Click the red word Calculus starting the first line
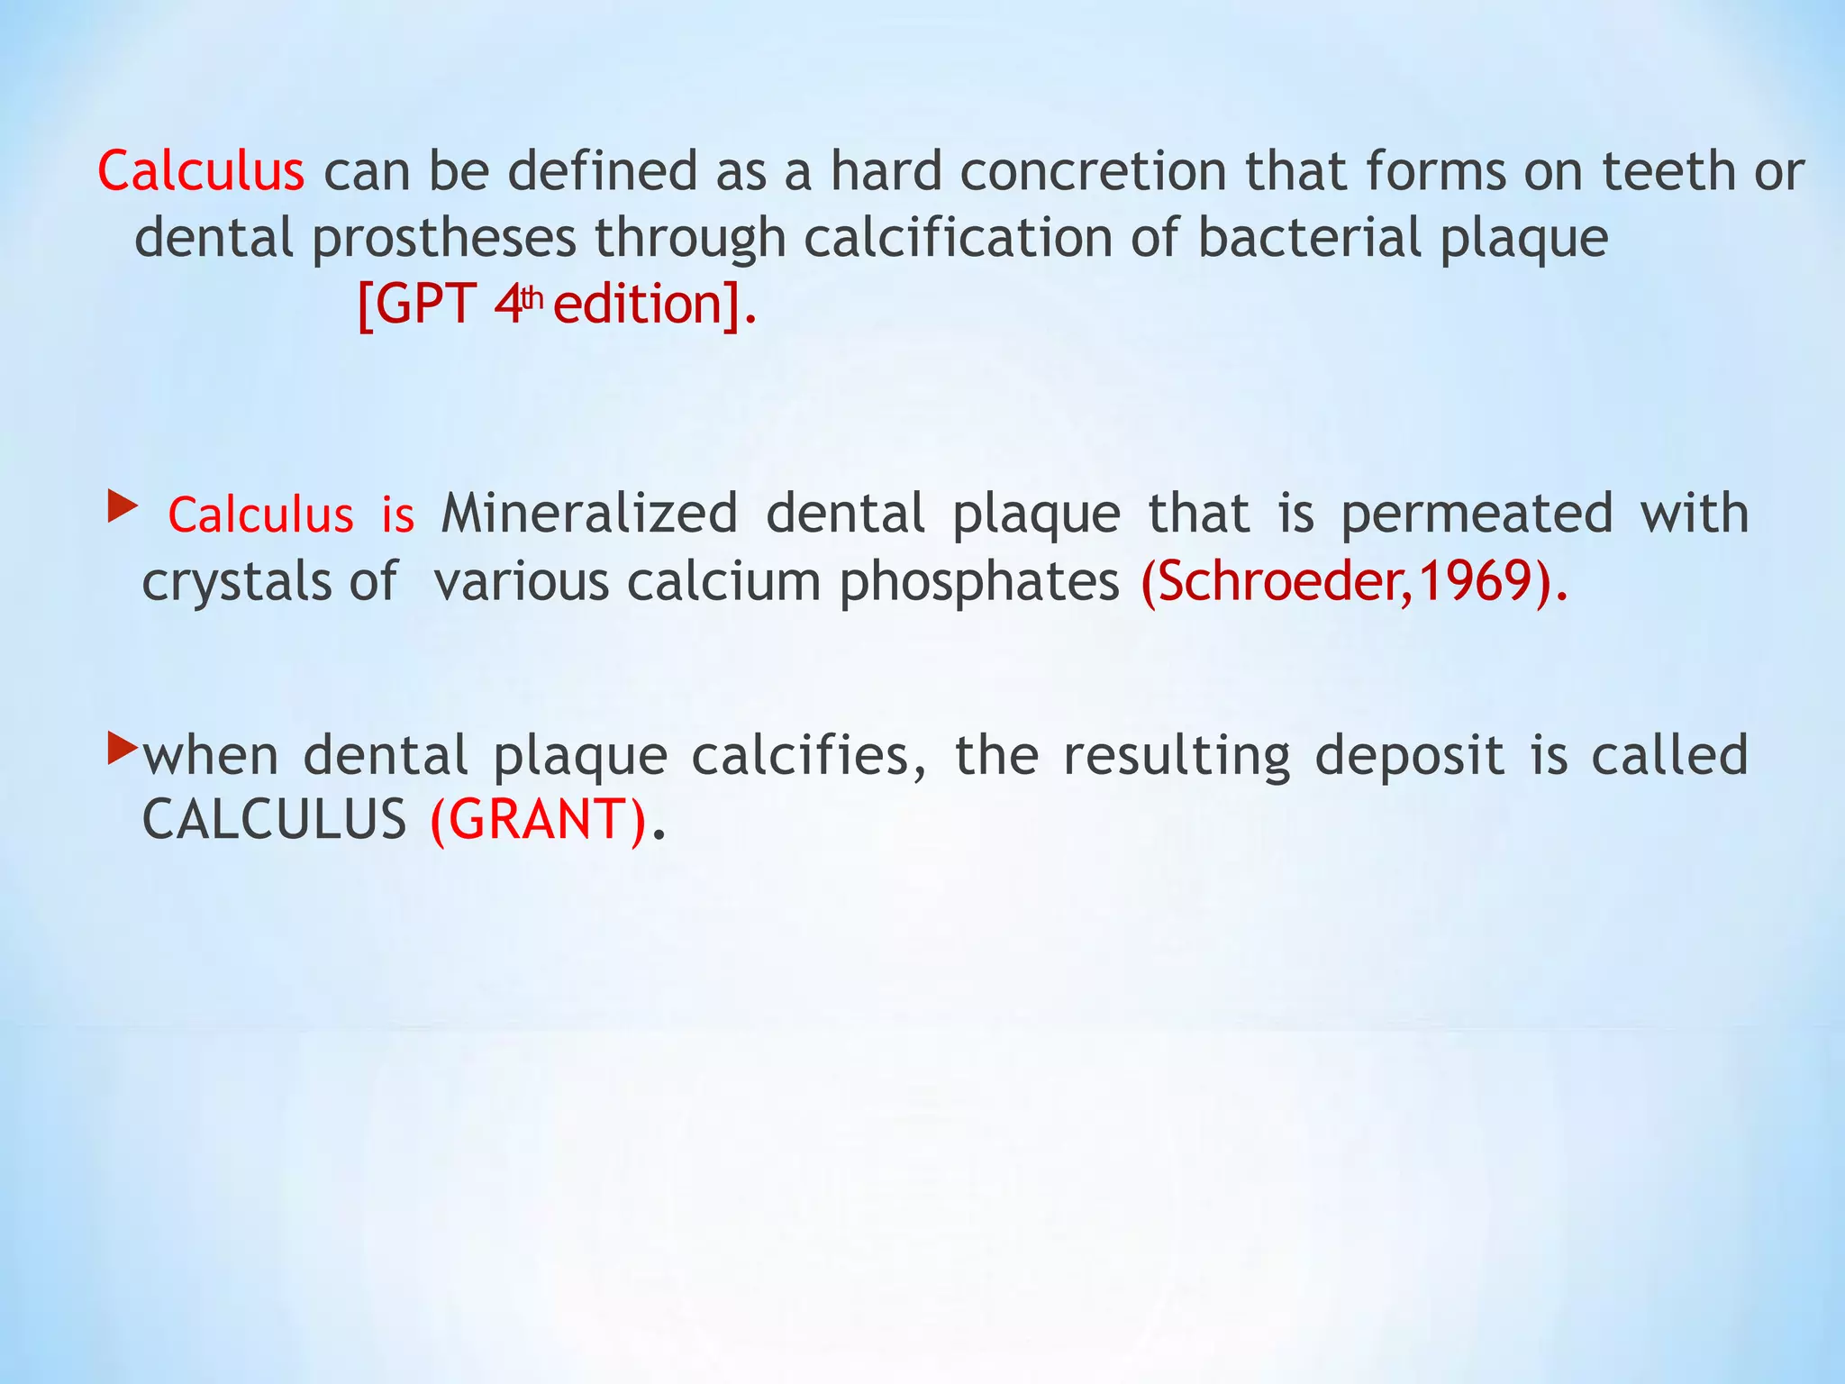tap(201, 171)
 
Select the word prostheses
tap(444, 239)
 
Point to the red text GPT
tap(424, 305)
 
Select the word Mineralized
tap(589, 514)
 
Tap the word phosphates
tap(979, 581)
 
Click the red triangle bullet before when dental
tap(122, 747)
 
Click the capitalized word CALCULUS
tap(275, 820)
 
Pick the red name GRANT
tap(538, 820)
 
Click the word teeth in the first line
tap(1668, 171)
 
